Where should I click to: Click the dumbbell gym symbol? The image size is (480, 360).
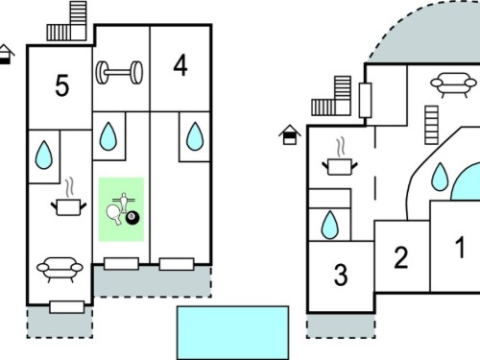(x=119, y=73)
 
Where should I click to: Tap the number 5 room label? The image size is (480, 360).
(x=62, y=85)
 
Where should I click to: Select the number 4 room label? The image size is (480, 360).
(x=180, y=65)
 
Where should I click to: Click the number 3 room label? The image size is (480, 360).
(x=341, y=275)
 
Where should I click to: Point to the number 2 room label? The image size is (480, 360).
(x=401, y=257)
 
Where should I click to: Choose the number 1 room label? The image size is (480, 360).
(x=460, y=247)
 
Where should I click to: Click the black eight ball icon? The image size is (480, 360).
(x=132, y=218)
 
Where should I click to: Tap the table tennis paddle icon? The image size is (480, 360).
(x=113, y=215)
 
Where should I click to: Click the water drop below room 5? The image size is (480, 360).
(x=44, y=155)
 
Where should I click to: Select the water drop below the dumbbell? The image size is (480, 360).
(x=108, y=136)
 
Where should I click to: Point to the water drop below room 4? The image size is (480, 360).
(x=195, y=136)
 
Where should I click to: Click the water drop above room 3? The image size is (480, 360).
(x=330, y=225)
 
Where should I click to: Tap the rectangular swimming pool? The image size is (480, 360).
(x=233, y=333)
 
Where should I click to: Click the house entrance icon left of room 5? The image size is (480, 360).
(x=6, y=55)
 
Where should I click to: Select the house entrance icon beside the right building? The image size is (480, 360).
(x=290, y=134)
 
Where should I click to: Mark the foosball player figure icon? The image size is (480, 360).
(x=124, y=202)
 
